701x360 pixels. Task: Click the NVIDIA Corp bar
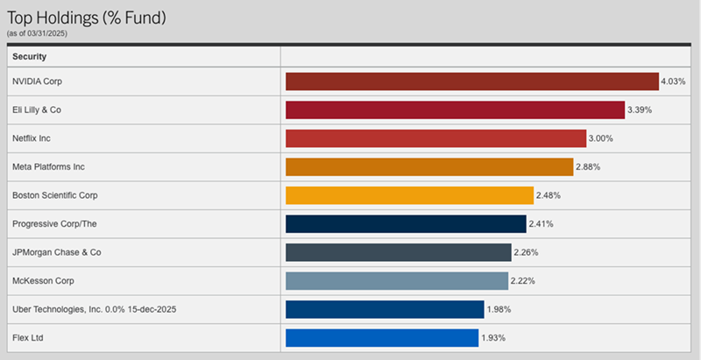pos(471,81)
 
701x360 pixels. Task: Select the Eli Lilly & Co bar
pos(456,109)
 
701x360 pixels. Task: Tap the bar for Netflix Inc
pos(435,138)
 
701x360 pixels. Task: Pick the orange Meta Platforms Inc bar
pos(429,166)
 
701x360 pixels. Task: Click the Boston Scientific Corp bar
pos(409,195)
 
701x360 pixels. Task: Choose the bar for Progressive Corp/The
pos(406,223)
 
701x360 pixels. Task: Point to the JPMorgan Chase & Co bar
pos(399,252)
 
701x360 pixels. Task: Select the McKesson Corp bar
pos(396,281)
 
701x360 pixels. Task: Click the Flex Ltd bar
pos(382,337)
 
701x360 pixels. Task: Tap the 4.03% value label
pos(673,81)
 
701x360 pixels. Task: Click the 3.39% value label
pos(640,109)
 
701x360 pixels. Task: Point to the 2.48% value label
pos(549,195)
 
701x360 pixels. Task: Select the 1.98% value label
pos(499,309)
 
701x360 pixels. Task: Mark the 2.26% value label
pos(526,252)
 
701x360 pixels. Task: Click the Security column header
pos(30,56)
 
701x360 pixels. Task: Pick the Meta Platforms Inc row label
pos(48,166)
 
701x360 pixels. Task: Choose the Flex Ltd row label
pos(28,337)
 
